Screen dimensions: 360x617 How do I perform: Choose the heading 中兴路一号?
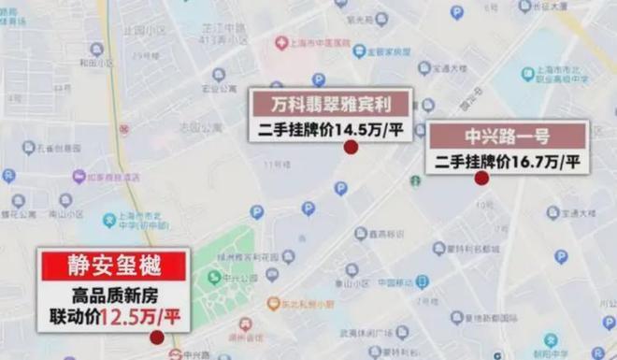509,137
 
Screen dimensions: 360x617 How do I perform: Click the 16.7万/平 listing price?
542,162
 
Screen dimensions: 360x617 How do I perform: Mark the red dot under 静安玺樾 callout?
156,338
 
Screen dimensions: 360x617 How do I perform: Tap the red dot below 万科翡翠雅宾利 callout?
351,148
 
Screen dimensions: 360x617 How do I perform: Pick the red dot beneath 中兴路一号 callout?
481,178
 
